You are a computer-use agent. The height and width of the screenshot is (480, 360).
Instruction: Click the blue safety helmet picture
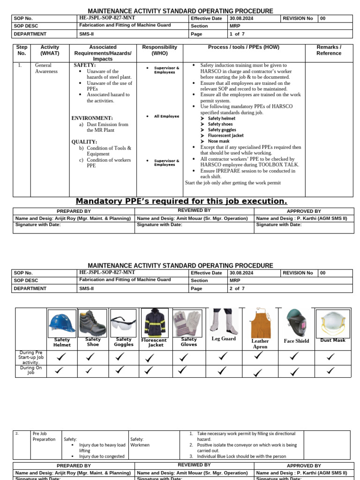coord(62,323)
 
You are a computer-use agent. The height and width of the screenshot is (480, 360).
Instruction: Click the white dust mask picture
coord(332,323)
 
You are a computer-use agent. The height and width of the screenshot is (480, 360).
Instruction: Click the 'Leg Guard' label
coord(224,338)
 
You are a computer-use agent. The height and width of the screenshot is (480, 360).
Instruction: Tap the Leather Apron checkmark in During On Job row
coord(258,373)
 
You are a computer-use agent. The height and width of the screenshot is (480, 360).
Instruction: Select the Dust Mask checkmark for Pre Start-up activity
coord(331,357)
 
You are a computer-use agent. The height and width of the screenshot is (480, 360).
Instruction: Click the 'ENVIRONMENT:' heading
coord(92,118)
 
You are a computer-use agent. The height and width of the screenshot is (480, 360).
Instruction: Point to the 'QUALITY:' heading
coord(84,142)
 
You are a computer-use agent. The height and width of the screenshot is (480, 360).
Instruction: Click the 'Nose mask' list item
coord(218,141)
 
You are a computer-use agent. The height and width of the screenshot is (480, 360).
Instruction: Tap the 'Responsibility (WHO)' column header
coord(160,50)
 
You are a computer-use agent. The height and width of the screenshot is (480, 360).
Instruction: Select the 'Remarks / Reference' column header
coord(329,50)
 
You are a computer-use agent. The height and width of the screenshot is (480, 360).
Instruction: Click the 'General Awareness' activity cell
coord(46,68)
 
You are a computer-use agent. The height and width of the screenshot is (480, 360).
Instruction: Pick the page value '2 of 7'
coord(237,288)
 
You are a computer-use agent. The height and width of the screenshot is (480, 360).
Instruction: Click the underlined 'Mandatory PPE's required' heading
coord(181,201)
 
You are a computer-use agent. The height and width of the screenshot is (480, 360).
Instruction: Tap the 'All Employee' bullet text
coord(166,116)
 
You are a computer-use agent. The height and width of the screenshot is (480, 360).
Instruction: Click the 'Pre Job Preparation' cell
coord(44,436)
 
